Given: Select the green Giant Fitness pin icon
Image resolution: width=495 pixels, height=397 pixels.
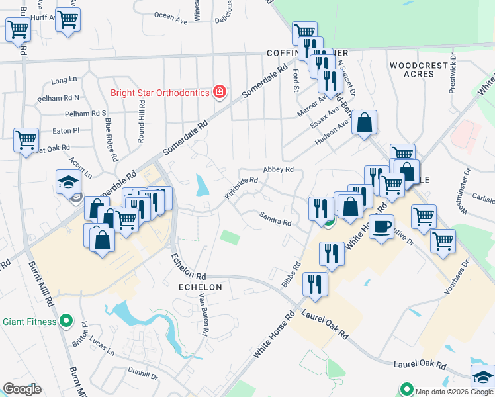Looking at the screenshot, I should point(66,322).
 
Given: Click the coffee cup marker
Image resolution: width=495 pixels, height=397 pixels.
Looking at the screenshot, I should point(381,228).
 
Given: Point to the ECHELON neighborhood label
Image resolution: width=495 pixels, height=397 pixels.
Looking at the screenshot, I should point(201,288).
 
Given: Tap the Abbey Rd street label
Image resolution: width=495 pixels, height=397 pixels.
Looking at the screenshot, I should point(278,169).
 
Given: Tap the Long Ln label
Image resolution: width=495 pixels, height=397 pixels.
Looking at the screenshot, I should point(64,80).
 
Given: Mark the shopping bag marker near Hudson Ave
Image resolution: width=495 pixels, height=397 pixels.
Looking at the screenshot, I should point(364,123).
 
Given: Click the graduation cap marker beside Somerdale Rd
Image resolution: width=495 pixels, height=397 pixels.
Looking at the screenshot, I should point(67,183).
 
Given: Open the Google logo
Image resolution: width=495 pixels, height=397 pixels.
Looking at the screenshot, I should point(22,389).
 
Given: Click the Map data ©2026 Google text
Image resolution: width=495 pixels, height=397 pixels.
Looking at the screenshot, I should point(454,391).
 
